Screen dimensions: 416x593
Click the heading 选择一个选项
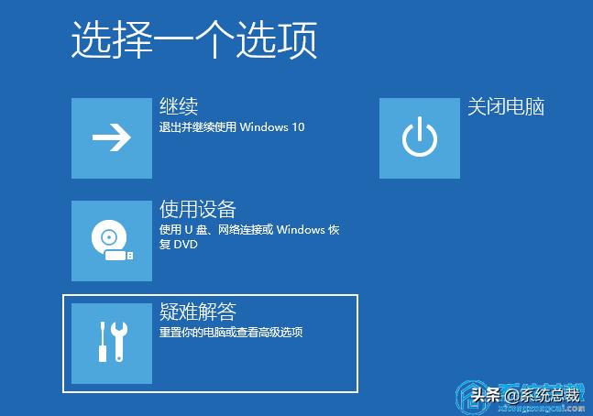(193, 40)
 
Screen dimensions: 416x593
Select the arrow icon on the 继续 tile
(112, 138)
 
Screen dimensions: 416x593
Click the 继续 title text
(179, 106)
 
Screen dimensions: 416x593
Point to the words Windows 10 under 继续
(272, 127)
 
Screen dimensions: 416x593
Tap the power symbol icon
(419, 138)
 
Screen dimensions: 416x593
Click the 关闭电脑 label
(506, 106)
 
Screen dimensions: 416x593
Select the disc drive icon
(110, 240)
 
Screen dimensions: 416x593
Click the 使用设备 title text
(197, 209)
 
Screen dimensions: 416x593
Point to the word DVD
(186, 245)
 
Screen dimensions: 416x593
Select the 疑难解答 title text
(197, 312)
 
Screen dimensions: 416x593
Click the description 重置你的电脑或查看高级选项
(231, 333)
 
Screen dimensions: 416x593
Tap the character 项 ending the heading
(298, 40)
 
